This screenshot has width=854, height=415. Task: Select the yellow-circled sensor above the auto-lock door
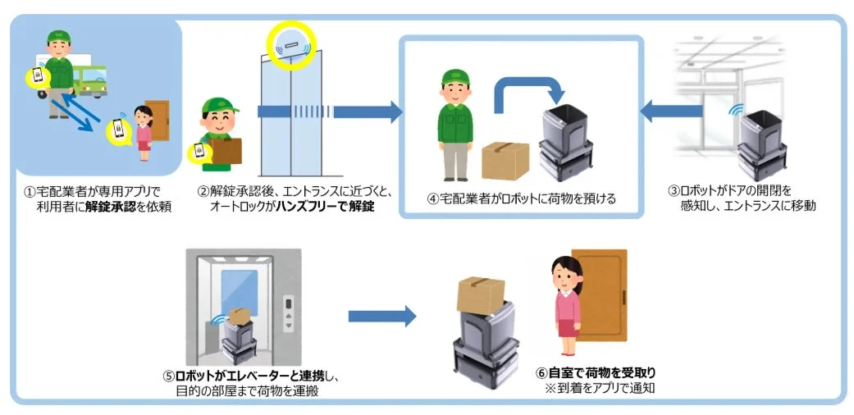[x=290, y=45]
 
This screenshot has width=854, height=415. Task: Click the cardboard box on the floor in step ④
[x=505, y=161]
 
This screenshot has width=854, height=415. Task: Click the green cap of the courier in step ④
[x=454, y=78]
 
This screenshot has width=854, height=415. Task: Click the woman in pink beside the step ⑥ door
[x=565, y=303]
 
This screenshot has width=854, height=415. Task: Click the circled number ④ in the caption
[x=433, y=198]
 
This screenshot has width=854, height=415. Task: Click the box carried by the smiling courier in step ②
[x=225, y=150]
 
